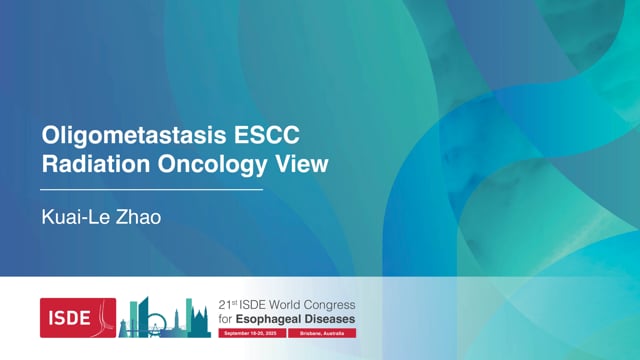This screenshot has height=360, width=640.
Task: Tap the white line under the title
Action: [x=150, y=188]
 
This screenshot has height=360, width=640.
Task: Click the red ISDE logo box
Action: [x=78, y=317]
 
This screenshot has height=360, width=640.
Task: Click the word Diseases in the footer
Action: [x=331, y=319]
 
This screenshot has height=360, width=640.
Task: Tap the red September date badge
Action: [x=251, y=333]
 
